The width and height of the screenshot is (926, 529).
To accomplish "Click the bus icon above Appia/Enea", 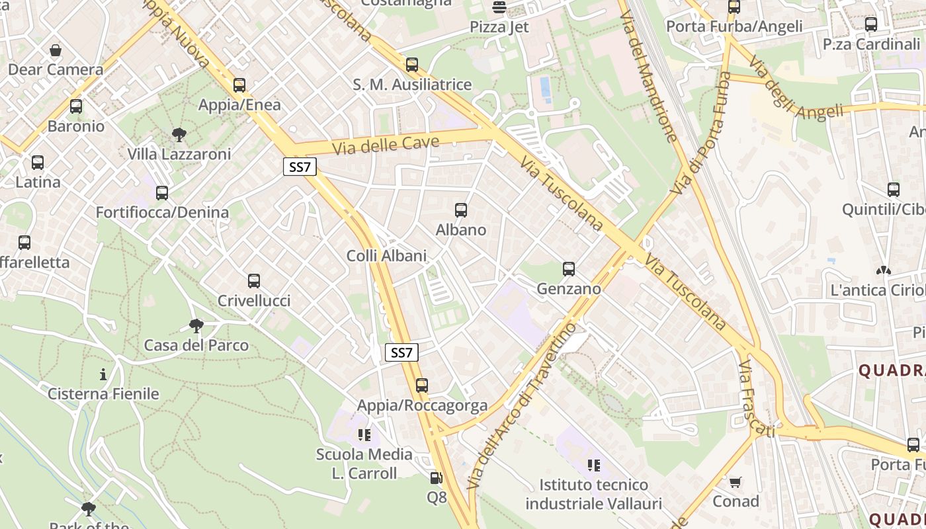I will click(x=239, y=85).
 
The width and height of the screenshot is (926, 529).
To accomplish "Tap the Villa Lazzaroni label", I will click(x=179, y=154).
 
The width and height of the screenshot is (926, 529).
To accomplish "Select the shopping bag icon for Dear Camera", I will click(x=56, y=50).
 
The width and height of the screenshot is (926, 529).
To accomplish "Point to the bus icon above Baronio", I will click(x=76, y=106).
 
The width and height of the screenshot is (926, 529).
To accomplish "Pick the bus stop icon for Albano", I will click(x=461, y=210).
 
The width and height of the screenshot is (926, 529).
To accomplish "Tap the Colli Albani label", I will click(x=386, y=256).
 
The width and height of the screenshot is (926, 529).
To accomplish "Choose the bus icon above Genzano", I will click(x=569, y=269).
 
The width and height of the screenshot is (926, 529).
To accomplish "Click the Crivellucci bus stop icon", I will click(x=254, y=281).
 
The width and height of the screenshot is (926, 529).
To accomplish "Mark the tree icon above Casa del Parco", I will click(x=196, y=325).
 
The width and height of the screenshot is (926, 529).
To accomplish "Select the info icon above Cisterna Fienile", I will click(x=103, y=375).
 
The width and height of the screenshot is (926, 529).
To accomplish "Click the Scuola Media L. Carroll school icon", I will click(x=364, y=434).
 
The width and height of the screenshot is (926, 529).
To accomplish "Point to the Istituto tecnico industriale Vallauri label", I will click(x=593, y=494).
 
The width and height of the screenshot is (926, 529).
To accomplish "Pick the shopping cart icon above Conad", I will click(x=735, y=482).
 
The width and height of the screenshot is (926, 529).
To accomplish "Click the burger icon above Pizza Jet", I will click(x=499, y=8).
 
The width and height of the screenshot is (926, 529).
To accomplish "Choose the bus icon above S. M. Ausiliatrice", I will click(x=412, y=65).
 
